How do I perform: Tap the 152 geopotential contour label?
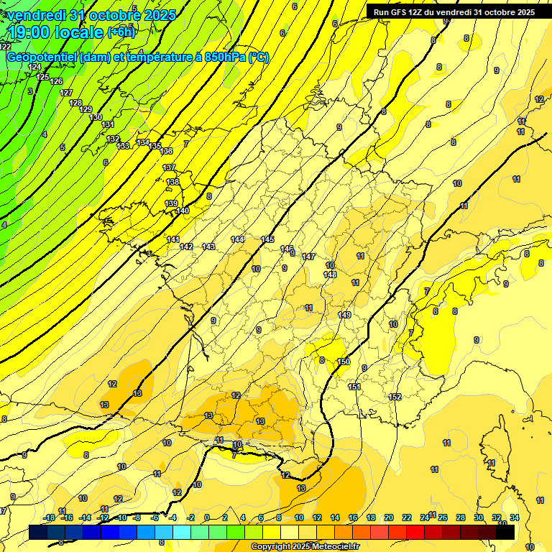[395, 397]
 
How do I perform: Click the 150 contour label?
[344, 362]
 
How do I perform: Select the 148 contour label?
[330, 275]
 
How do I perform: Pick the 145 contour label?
[268, 239]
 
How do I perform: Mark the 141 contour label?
[173, 239]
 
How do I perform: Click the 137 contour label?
[169, 167]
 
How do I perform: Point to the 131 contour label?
[108, 125]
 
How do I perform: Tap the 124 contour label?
[34, 67]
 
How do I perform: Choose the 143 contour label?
[208, 247]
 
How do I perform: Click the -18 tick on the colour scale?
[49, 517]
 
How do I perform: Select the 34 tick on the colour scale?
[515, 517]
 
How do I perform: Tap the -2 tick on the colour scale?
[190, 517]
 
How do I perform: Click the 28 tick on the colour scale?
[461, 517]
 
